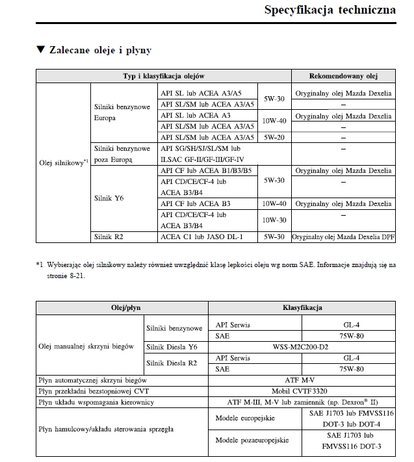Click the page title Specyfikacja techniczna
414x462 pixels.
330,10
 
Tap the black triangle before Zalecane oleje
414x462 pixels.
40,50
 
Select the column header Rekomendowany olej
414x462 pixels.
343,76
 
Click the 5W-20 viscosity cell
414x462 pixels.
273,137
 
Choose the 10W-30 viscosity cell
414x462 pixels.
273,220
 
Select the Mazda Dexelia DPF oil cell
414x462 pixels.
343,237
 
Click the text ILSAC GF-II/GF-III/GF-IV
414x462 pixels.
206,159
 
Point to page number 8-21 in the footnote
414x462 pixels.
73,276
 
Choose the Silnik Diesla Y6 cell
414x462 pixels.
172,347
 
